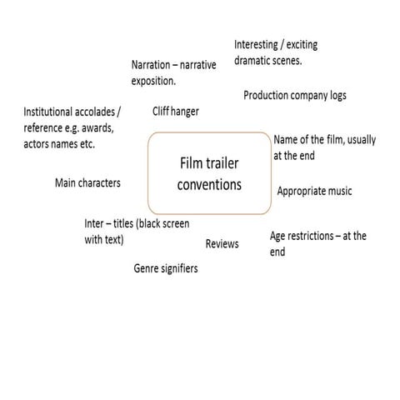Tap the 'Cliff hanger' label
176,111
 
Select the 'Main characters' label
87,183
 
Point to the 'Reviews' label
222,244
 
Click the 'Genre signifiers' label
166,269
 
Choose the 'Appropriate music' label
314,192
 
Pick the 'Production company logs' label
294,96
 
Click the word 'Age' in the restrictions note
279,237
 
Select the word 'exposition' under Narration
153,81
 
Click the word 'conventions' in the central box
209,184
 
